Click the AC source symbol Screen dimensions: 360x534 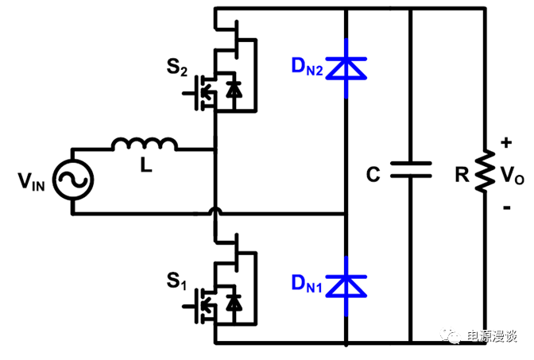coord(72,181)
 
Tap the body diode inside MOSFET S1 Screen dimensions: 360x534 coord(233,303)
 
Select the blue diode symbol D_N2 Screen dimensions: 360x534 coord(346,69)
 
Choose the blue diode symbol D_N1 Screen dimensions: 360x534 coord(346,282)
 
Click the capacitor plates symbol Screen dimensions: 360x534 coord(410,170)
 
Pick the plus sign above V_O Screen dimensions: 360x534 coord(506,144)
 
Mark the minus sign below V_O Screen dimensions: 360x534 coord(506,207)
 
